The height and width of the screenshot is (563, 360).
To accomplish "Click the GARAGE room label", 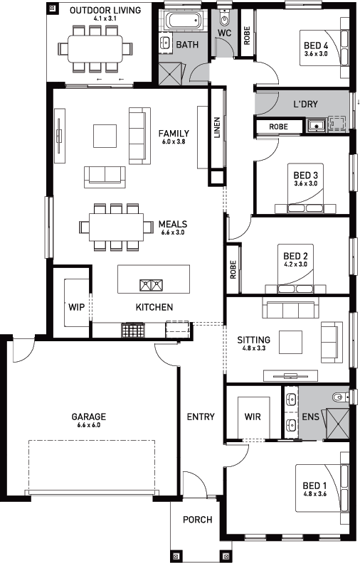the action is (89, 417).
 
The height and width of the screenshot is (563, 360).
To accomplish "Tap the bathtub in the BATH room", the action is (183, 20).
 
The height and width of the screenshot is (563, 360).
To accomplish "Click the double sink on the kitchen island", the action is (151, 285).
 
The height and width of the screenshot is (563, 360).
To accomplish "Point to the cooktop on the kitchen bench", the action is (133, 330).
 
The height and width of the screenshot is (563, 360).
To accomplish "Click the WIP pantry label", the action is (77, 307).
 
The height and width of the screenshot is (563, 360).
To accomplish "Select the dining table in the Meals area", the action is (117, 227).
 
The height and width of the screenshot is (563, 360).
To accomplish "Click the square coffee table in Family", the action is (105, 136).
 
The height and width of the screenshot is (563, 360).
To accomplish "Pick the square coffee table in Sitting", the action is (291, 342).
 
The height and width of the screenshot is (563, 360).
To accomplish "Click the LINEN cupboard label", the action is (217, 128).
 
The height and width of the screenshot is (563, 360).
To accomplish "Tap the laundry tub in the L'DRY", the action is (316, 125).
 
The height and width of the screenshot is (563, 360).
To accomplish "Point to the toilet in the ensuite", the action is (339, 397).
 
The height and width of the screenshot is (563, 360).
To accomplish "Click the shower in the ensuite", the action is (337, 424).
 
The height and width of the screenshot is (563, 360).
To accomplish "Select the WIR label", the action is (253, 417).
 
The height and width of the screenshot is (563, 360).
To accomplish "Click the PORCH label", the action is (198, 520).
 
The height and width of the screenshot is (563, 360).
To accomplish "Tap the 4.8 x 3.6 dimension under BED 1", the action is (314, 494).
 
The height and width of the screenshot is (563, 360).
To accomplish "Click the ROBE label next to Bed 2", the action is (233, 270).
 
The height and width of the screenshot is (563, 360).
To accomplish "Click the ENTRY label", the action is (201, 417).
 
